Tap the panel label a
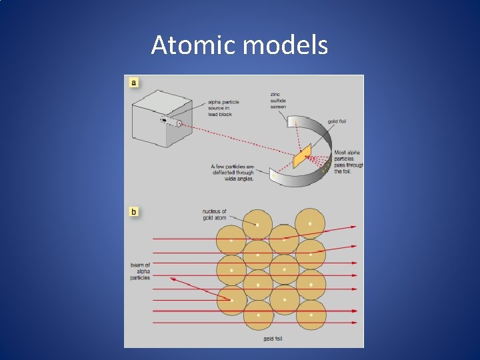(x=134, y=83)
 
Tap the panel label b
(x=134, y=212)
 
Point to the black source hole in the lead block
(x=164, y=120)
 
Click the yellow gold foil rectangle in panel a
(x=301, y=159)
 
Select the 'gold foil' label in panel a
(x=337, y=121)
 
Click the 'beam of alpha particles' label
(x=140, y=271)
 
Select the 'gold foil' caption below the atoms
(x=273, y=339)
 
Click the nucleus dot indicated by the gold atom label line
(x=257, y=225)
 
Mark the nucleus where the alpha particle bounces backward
(x=231, y=300)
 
